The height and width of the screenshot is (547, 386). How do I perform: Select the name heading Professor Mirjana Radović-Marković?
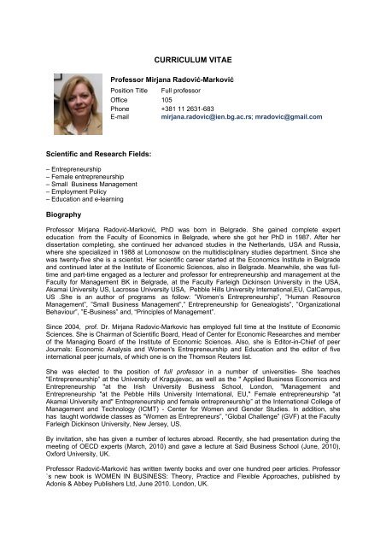click(196, 78)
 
